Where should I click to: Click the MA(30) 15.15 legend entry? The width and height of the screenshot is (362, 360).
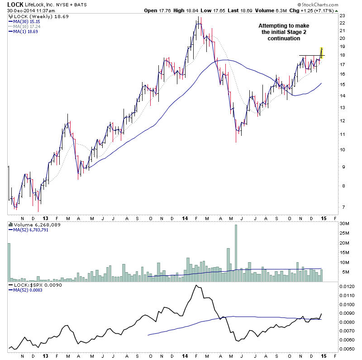(27, 21)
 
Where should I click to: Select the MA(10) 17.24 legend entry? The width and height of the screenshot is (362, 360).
(27, 26)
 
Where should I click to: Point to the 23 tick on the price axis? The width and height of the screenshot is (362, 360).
(342, 16)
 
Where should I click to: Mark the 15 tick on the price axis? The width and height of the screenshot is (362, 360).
(342, 85)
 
